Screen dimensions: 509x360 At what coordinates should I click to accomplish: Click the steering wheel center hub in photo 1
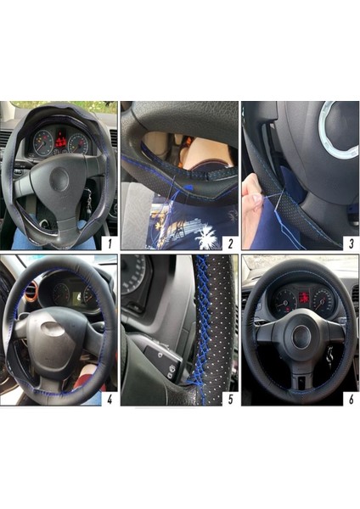[x=58, y=180]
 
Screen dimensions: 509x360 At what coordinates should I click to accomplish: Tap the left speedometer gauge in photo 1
[x=43, y=143]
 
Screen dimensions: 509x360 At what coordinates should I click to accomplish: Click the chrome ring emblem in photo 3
[x=338, y=134]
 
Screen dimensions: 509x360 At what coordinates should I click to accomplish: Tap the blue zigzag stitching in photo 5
[x=202, y=327]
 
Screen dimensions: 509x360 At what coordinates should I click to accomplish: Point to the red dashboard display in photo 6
[x=303, y=299]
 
